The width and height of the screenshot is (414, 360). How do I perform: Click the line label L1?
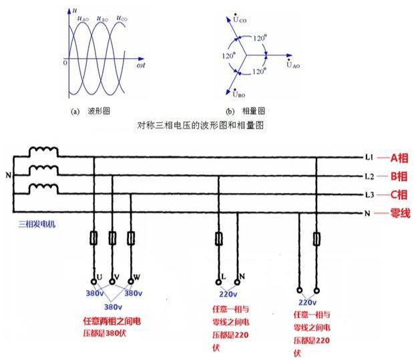coord(369,158)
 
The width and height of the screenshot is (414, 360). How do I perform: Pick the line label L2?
coord(369,176)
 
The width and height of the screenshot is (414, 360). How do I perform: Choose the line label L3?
coord(369,194)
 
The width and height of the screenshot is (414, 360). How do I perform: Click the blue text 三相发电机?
coord(38,224)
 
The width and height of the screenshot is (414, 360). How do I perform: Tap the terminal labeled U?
coord(98,276)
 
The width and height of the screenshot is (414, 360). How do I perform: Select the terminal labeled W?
coord(138,276)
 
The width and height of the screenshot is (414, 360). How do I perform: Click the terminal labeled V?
coord(118,276)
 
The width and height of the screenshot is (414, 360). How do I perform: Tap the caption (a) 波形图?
coord(89,111)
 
